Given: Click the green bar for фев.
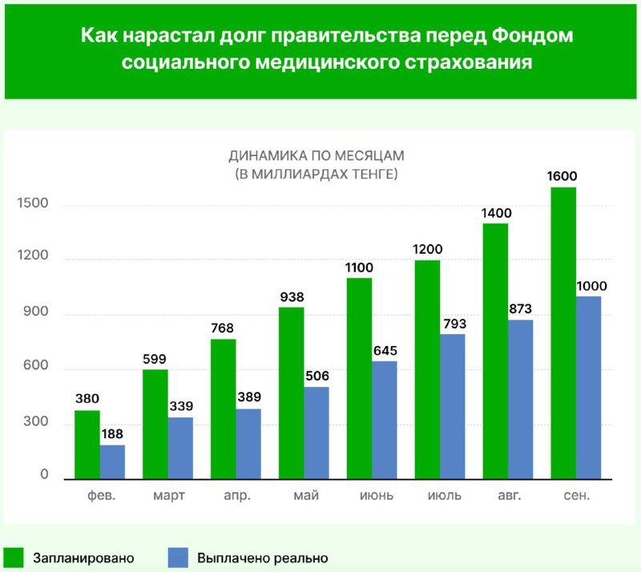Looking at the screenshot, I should (87, 445).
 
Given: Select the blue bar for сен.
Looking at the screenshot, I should (588, 388).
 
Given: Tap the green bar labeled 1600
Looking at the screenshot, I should (563, 332).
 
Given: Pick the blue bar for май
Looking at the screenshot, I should (316, 433).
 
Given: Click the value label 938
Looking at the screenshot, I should (291, 297).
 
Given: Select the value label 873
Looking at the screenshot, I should (521, 309).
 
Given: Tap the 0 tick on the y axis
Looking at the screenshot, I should (45, 476).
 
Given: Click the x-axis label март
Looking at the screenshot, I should (169, 496).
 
